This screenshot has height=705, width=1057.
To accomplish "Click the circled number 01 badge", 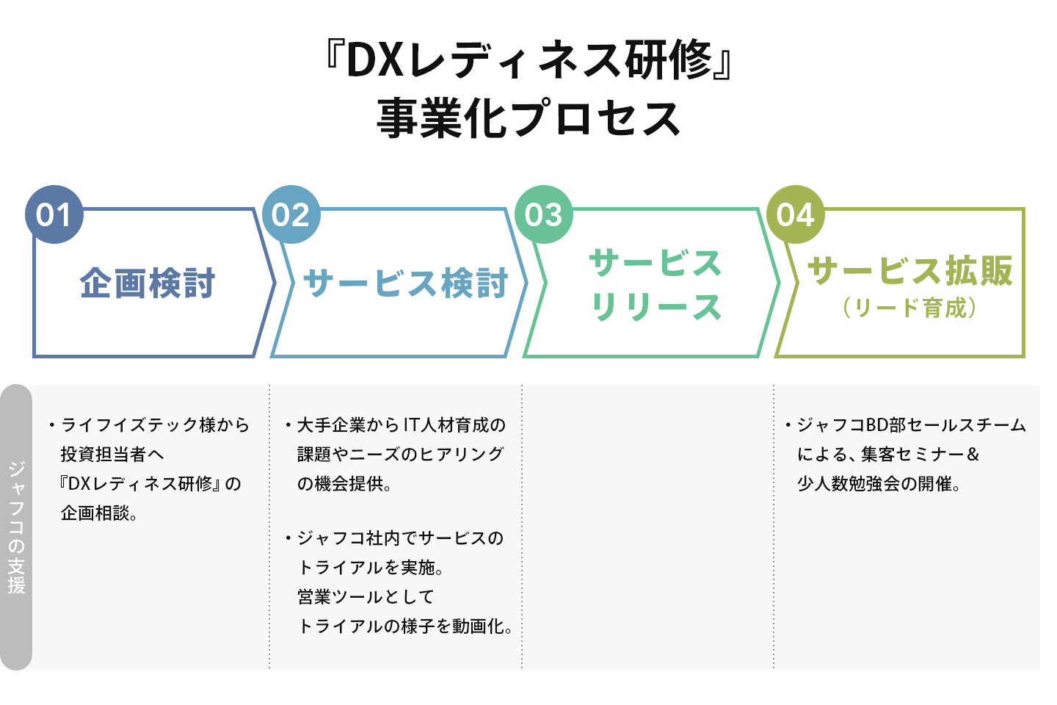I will [54, 214].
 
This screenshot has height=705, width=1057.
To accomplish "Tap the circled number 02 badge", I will [291, 214].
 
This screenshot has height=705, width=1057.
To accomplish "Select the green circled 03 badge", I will [543, 214].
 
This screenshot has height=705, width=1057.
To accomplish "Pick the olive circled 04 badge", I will [796, 214].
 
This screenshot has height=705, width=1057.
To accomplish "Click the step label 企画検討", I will [148, 283].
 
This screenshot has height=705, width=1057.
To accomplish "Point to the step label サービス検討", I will [406, 283].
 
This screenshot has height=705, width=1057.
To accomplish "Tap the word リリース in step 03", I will [656, 307].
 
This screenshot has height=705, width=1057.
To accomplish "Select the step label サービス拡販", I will [910, 270].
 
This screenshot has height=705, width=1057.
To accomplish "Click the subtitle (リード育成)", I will [910, 308].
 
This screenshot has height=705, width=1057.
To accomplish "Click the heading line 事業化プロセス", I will [528, 120].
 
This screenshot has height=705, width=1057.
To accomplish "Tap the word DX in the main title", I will [375, 60].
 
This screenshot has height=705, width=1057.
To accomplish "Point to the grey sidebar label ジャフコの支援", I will [17, 527].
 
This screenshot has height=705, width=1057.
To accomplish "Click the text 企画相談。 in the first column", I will [100, 513].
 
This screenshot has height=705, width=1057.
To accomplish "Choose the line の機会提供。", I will [344, 484].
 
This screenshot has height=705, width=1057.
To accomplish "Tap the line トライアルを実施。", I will [371, 568].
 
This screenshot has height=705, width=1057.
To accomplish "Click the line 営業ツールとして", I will [366, 597].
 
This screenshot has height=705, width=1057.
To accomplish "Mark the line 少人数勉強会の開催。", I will [879, 484].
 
